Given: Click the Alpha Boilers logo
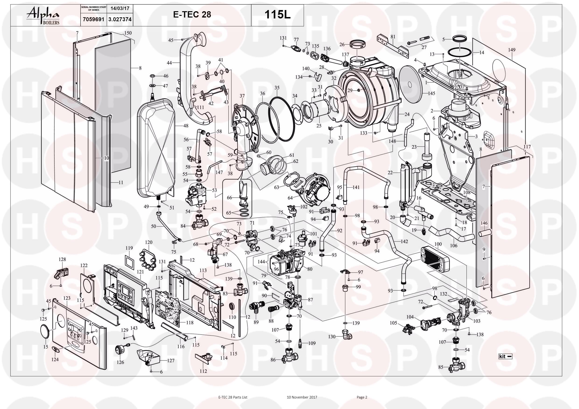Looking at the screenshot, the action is [43, 16].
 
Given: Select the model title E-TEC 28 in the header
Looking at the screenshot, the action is [192, 15].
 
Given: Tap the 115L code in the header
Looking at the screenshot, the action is [277, 15].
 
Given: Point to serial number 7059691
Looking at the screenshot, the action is [93, 19].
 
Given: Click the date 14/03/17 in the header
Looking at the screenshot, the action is [120, 8].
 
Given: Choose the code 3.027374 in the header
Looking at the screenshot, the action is [120, 19].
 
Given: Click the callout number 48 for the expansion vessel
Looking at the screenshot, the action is [186, 126].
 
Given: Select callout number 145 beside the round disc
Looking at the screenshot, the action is [432, 94].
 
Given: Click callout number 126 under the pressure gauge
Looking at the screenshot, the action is [120, 362].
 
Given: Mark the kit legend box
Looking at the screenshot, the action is [506, 356].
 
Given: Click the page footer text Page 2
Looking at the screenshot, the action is [362, 397].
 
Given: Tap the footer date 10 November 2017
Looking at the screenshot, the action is [302, 397].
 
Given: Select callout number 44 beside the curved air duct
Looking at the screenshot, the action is [169, 63].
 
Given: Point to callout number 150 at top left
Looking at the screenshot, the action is [128, 33].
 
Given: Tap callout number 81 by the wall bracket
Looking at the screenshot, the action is [393, 37].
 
